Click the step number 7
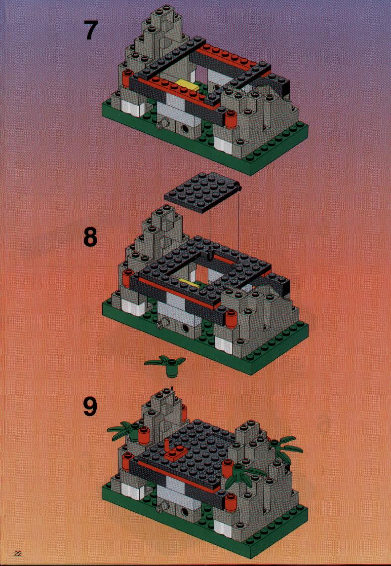tap(91, 30)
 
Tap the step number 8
tap(90, 236)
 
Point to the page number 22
tap(18, 554)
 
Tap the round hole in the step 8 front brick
tap(186, 327)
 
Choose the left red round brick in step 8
tap(127, 279)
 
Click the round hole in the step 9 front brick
tap(185, 512)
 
